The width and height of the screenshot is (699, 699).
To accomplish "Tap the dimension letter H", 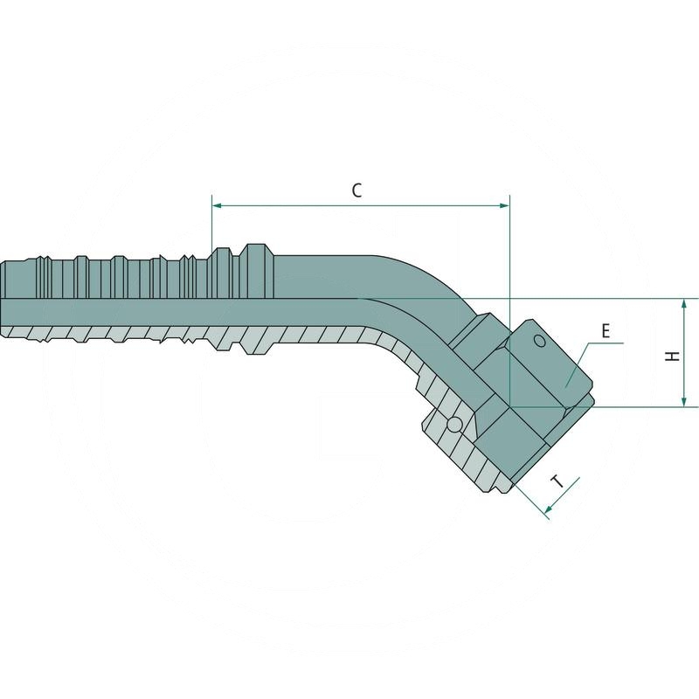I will pyautogui.click(x=670, y=355).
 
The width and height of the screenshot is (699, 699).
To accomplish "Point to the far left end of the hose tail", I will pyautogui.click(x=3, y=297).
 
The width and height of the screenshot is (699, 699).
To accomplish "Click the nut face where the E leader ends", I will pyautogui.click(x=564, y=380).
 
